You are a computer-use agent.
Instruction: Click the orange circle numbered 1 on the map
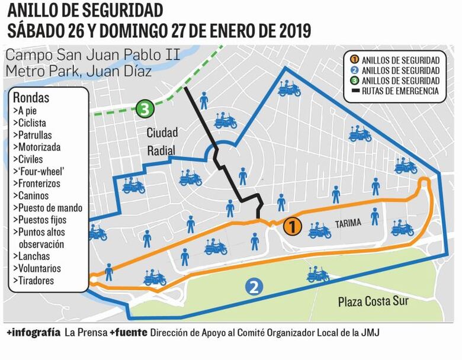pyautogui.click(x=293, y=226)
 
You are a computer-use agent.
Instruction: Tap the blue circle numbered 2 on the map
pyautogui.click(x=254, y=287)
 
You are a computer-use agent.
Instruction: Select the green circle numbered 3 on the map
pyautogui.click(x=145, y=109)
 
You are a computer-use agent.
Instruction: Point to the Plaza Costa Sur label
pyautogui.click(x=373, y=301)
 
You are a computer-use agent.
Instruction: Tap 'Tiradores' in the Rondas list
pyautogui.click(x=36, y=281)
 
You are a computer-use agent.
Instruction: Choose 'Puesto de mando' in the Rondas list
pyautogui.click(x=50, y=208)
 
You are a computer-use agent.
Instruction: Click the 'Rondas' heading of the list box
pyautogui.click(x=31, y=98)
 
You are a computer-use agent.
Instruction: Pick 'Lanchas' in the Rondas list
pyautogui.click(x=34, y=256)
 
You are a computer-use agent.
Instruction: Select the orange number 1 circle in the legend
pyautogui.click(x=354, y=60)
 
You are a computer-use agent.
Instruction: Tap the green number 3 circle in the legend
pyautogui.click(x=354, y=81)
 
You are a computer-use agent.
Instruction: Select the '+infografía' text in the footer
pyautogui.click(x=33, y=333)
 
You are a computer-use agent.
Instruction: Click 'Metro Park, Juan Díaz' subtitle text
pyautogui.click(x=78, y=72)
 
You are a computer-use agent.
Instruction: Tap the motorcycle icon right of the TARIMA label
pyautogui.click(x=402, y=227)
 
